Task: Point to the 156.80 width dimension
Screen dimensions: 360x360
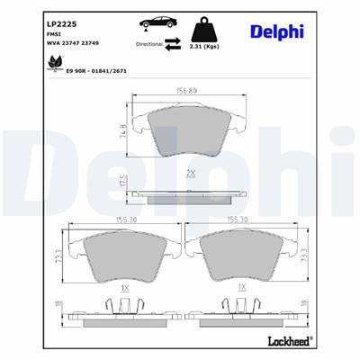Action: click(x=187, y=90)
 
